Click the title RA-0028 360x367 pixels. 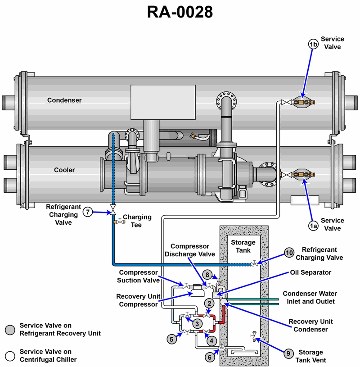[180, 13]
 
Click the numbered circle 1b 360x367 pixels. [313, 44]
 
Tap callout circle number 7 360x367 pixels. [88, 212]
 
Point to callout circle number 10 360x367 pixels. [290, 253]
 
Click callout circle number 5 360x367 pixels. [171, 339]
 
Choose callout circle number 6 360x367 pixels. [209, 357]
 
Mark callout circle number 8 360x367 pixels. [207, 274]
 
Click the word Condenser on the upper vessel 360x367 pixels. [64, 100]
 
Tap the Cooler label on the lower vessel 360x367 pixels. [64, 170]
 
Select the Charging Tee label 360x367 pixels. [137, 221]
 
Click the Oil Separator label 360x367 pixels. [311, 272]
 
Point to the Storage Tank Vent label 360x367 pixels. [310, 356]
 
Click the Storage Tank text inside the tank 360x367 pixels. [243, 247]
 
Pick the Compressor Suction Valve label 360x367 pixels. [139, 276]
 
